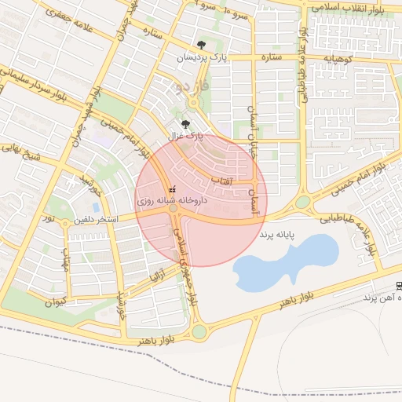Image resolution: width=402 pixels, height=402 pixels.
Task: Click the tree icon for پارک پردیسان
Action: pos(202,46)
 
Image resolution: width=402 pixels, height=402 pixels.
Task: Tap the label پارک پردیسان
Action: pos(194,57)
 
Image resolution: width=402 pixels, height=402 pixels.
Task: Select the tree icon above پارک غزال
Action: pos(185,124)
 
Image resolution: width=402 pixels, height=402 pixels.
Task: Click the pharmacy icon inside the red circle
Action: pos(173,189)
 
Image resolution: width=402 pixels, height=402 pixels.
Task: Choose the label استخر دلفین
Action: pos(96,219)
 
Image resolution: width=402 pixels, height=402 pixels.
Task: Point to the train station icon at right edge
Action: pos(398,286)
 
